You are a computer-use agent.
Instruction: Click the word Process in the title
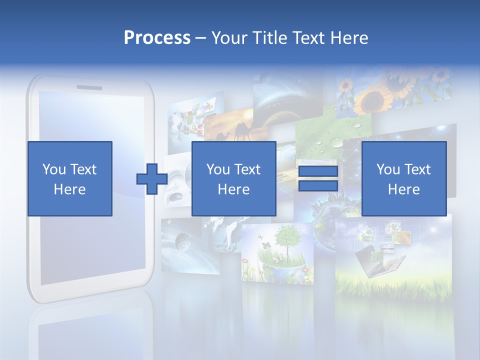pos(157,38)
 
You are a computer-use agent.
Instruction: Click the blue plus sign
pos(152,179)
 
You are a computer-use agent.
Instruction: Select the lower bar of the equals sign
pos(318,186)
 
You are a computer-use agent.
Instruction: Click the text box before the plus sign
pos(69,178)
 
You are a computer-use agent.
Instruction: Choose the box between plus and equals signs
pos(233,178)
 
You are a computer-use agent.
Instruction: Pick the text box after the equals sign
pos(403,178)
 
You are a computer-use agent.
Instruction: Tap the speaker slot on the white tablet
pos(89,87)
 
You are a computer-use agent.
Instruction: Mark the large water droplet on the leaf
pos(337,143)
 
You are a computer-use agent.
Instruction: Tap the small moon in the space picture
pos(182,244)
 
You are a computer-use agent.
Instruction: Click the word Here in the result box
pos(403,189)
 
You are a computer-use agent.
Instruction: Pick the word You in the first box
pos(54,169)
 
